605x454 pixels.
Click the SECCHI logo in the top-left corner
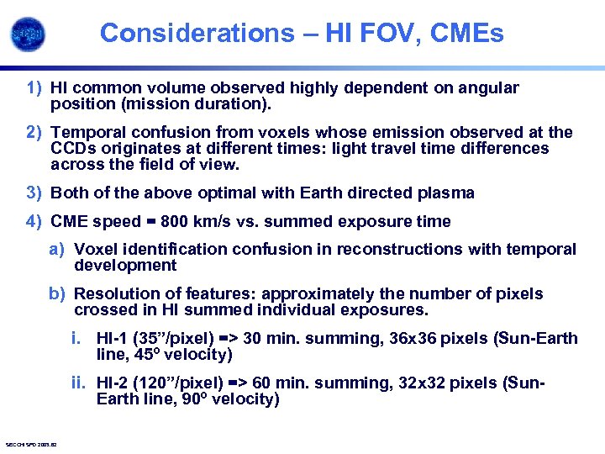[x=29, y=34]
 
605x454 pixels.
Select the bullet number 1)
[x=34, y=87]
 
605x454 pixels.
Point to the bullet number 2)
[x=34, y=132]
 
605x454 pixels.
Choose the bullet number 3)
[x=34, y=193]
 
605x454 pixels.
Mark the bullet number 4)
[x=34, y=221]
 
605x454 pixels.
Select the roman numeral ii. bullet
[x=78, y=383]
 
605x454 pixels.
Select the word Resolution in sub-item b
[x=113, y=293]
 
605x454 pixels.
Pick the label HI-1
[x=113, y=338]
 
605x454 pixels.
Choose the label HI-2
[x=113, y=383]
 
